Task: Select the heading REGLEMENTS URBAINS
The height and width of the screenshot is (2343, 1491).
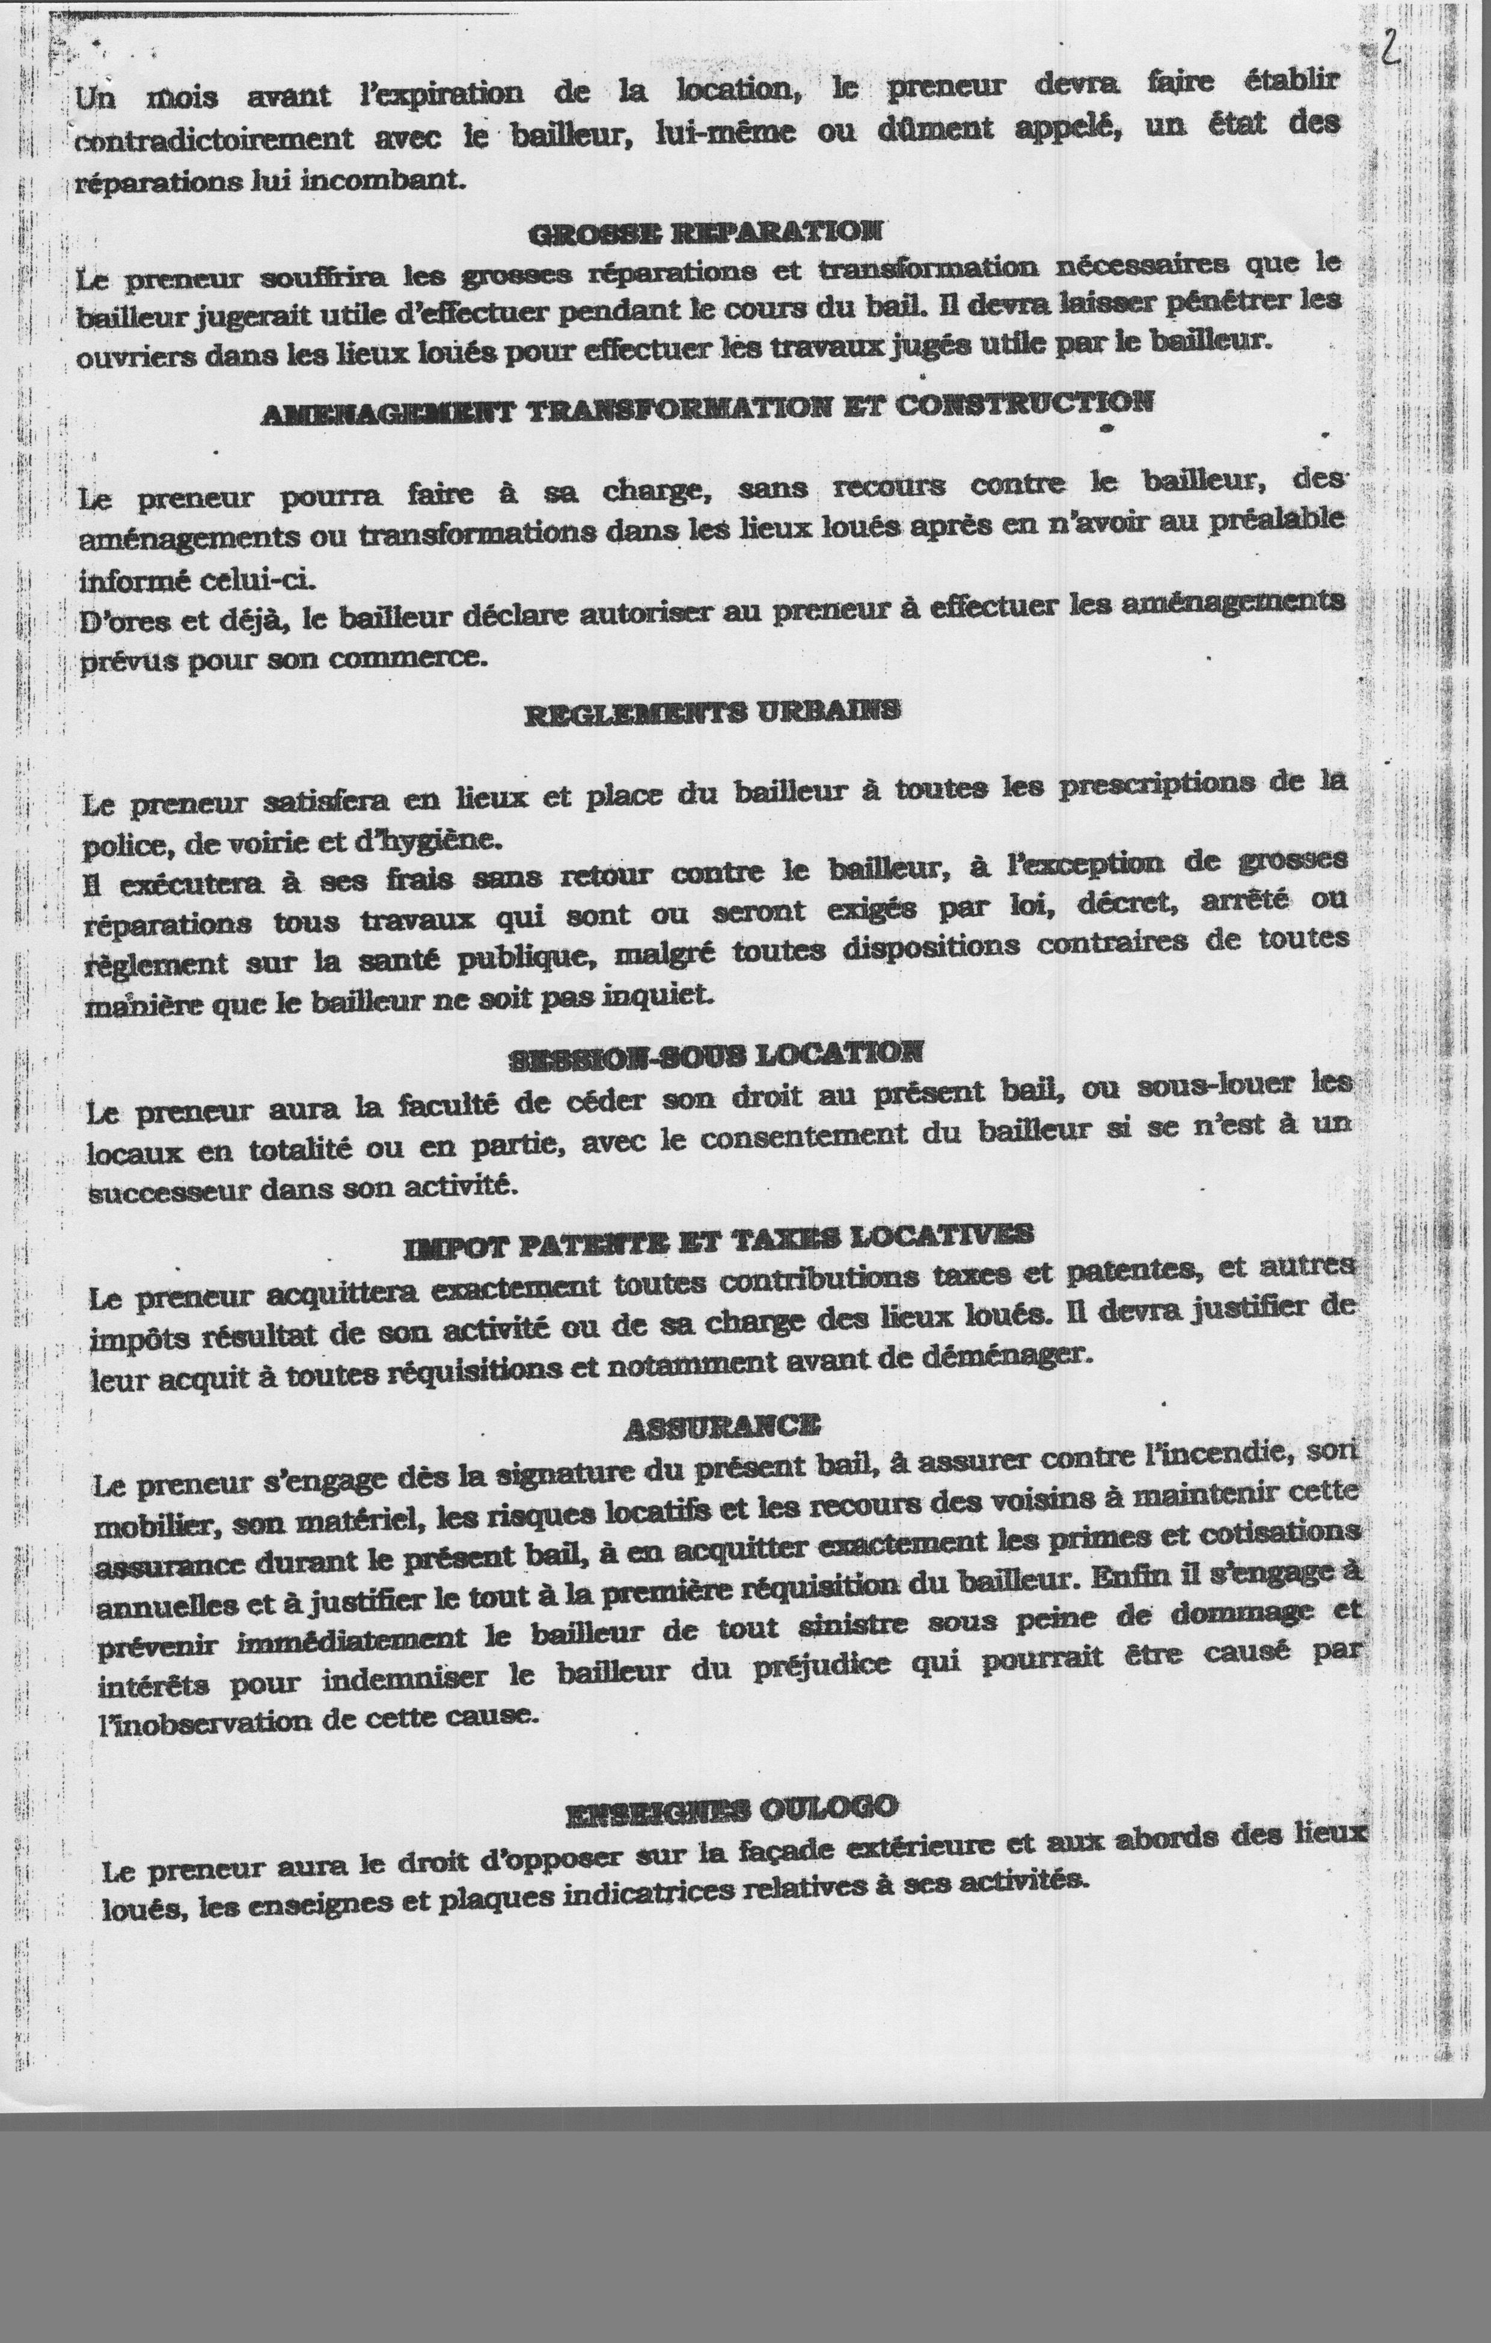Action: click(x=711, y=712)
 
